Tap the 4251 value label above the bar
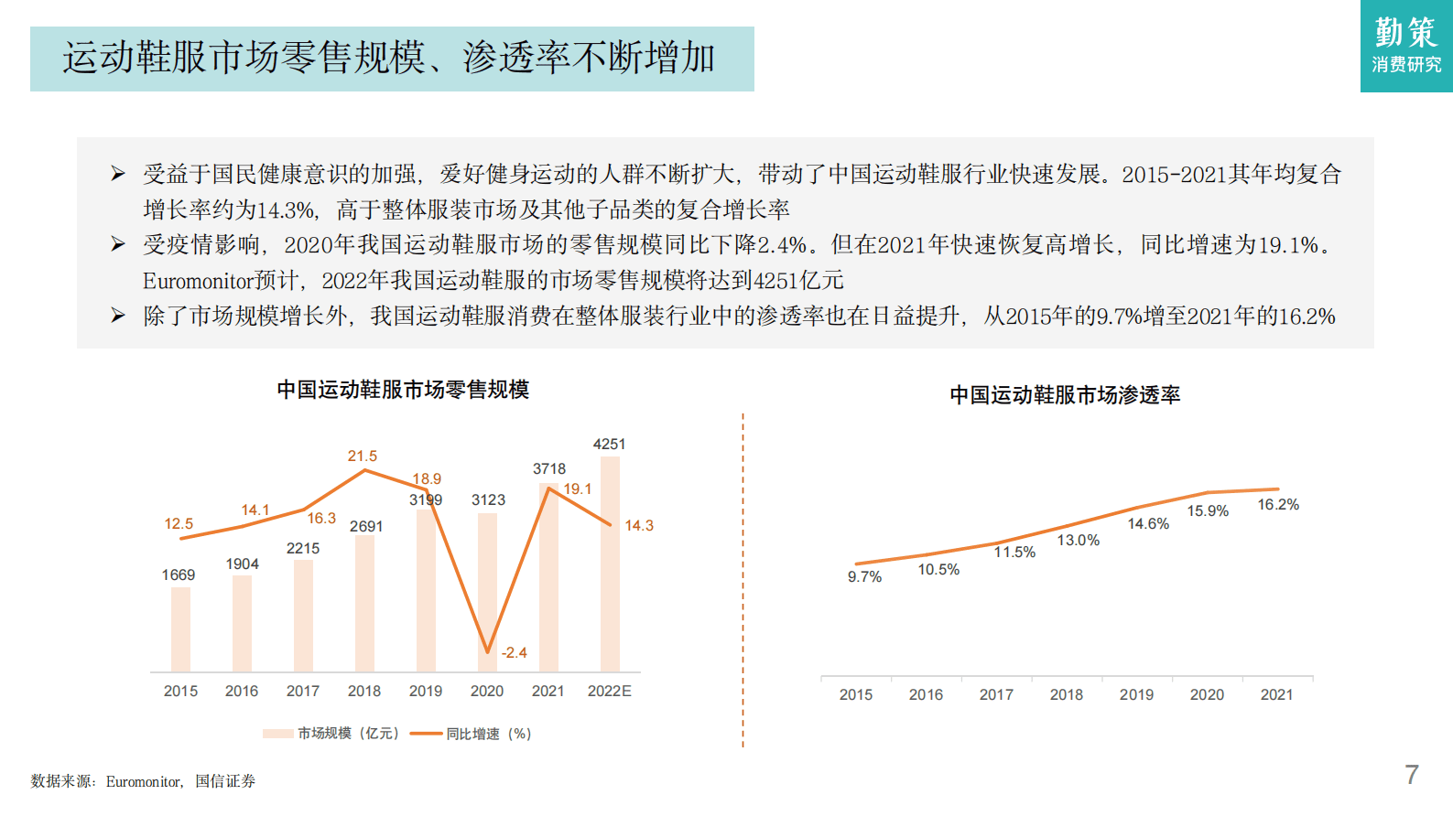pyautogui.click(x=609, y=445)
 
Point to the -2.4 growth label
pyautogui.click(x=514, y=652)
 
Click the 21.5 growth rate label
pyautogui.click(x=362, y=456)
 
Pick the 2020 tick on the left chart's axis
pyautogui.click(x=487, y=691)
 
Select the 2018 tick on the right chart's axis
pyautogui.click(x=1067, y=694)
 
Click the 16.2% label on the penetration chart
pyautogui.click(x=1278, y=505)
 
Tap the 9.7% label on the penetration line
pyautogui.click(x=864, y=576)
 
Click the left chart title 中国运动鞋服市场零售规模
pyautogui.click(x=403, y=390)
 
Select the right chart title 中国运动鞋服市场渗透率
pyautogui.click(x=1065, y=395)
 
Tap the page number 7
pyautogui.click(x=1411, y=775)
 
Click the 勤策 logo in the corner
pyautogui.click(x=1406, y=45)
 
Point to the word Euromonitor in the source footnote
pyautogui.click(x=143, y=781)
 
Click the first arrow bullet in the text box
pyautogui.click(x=118, y=174)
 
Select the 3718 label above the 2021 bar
pyautogui.click(x=549, y=468)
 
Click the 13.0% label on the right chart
pyautogui.click(x=1079, y=541)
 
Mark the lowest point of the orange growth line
pyautogui.click(x=488, y=651)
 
